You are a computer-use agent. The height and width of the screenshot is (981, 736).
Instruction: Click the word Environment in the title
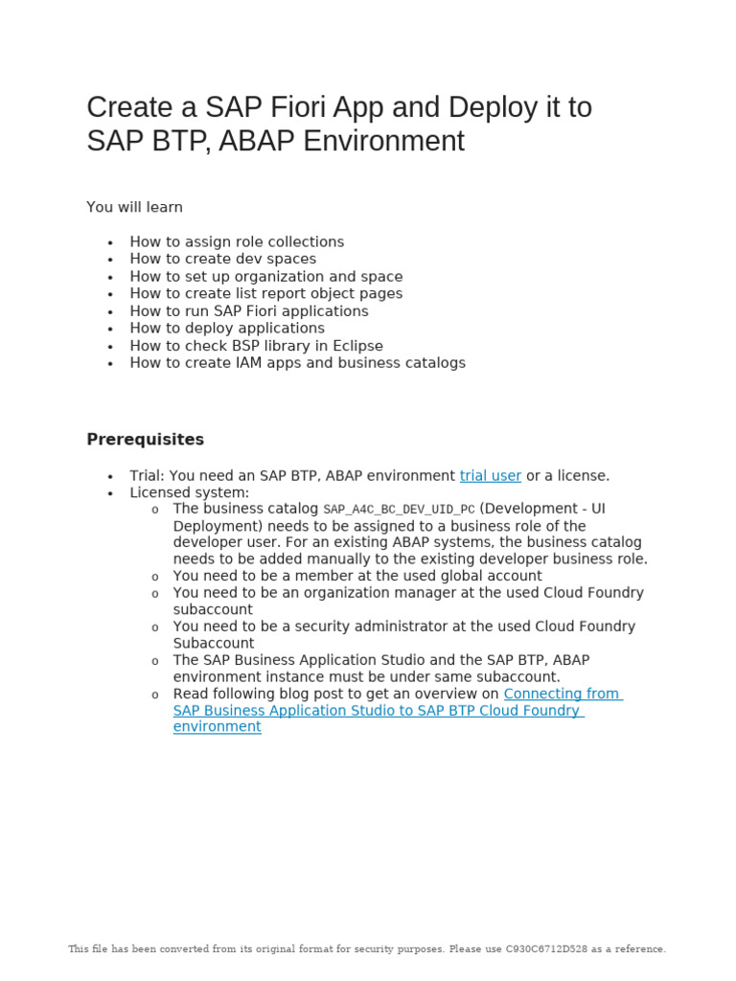pos(383,142)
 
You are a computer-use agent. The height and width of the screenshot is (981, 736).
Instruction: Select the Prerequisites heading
pos(145,440)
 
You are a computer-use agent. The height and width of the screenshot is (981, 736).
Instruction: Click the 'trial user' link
pos(490,476)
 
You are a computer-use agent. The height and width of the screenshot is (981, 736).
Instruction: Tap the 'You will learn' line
pos(134,207)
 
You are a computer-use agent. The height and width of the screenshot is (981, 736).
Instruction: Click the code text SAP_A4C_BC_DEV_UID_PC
pos(399,510)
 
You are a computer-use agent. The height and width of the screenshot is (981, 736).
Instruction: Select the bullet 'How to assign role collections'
pos(237,242)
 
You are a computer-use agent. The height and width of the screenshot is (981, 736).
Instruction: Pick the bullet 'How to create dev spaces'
pos(222,260)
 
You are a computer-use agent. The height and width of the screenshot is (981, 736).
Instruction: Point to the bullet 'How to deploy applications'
pos(227,329)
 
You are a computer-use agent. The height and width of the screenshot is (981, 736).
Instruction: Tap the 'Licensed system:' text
pos(190,492)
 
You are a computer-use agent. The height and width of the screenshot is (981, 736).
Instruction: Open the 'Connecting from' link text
pos(563,694)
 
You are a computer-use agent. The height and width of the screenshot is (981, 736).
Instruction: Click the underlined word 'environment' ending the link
pos(217,727)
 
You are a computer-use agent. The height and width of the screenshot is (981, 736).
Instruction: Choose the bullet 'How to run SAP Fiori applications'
pos(249,311)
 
